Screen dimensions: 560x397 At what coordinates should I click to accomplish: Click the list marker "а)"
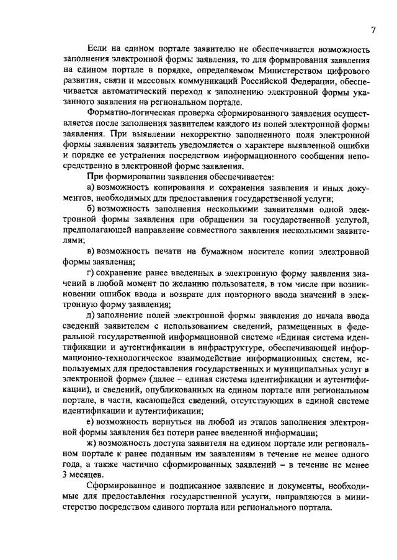(90, 187)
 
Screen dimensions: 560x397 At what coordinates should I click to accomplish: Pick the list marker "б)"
(91, 210)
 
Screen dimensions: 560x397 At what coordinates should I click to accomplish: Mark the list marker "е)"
(90, 422)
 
